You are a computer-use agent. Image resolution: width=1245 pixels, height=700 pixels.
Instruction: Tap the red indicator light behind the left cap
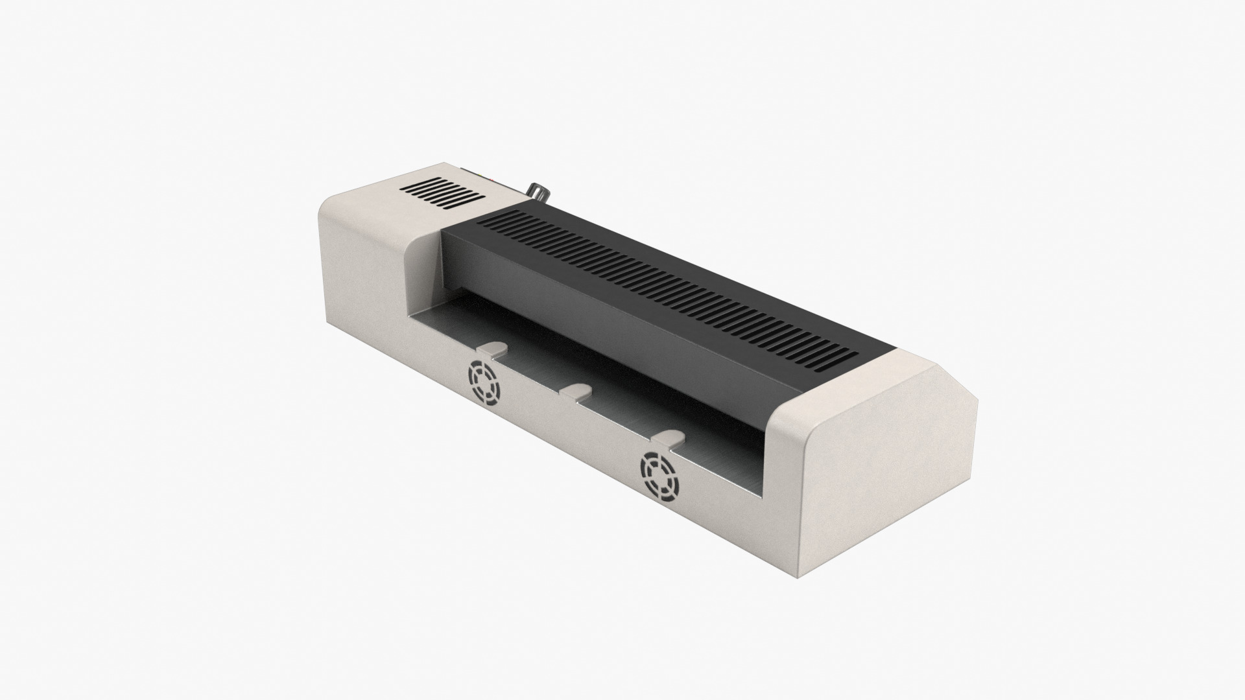492,180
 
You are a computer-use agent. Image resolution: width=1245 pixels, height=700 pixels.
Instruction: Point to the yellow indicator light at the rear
480,175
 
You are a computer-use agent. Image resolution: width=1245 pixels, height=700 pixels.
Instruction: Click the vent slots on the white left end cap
442,193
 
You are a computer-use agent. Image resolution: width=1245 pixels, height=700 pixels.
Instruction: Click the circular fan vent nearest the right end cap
659,472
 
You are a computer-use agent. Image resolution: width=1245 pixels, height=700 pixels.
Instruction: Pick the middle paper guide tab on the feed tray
576,391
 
